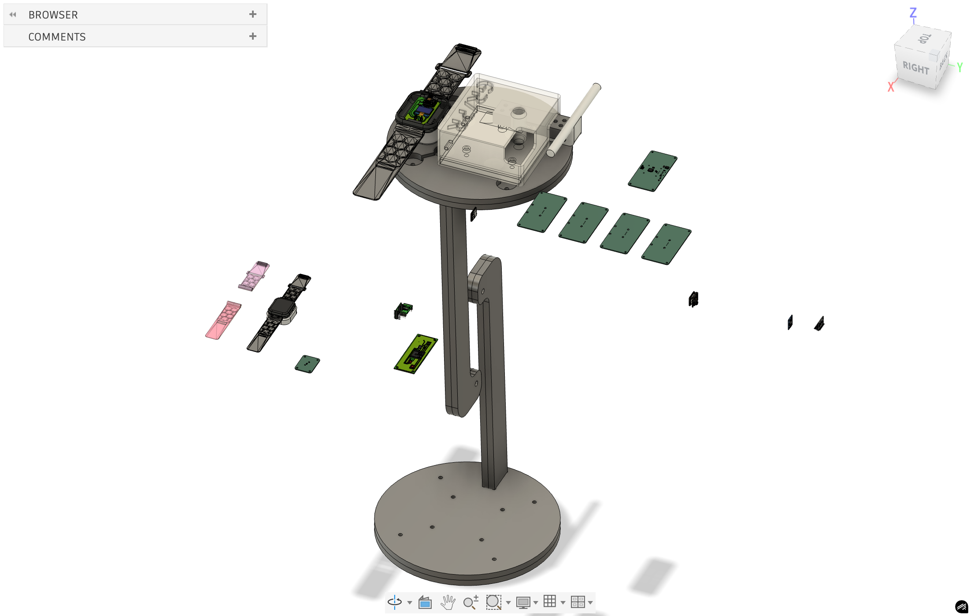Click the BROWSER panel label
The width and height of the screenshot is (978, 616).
point(53,15)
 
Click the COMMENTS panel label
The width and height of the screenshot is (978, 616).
point(57,37)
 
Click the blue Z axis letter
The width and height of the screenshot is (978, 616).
point(913,13)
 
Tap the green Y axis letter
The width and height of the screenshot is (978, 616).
point(959,67)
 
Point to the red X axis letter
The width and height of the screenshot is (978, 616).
point(891,87)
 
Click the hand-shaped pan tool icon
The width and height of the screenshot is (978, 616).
point(448,602)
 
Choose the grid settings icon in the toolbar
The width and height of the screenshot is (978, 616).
point(549,601)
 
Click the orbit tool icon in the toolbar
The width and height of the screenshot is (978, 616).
point(395,602)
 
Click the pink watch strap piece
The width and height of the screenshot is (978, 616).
point(223,320)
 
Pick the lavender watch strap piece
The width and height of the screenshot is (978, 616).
point(254,276)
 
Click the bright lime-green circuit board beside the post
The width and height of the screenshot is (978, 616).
point(415,354)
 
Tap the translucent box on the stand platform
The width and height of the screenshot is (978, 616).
point(498,128)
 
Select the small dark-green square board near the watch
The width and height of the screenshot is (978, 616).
point(307,364)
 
